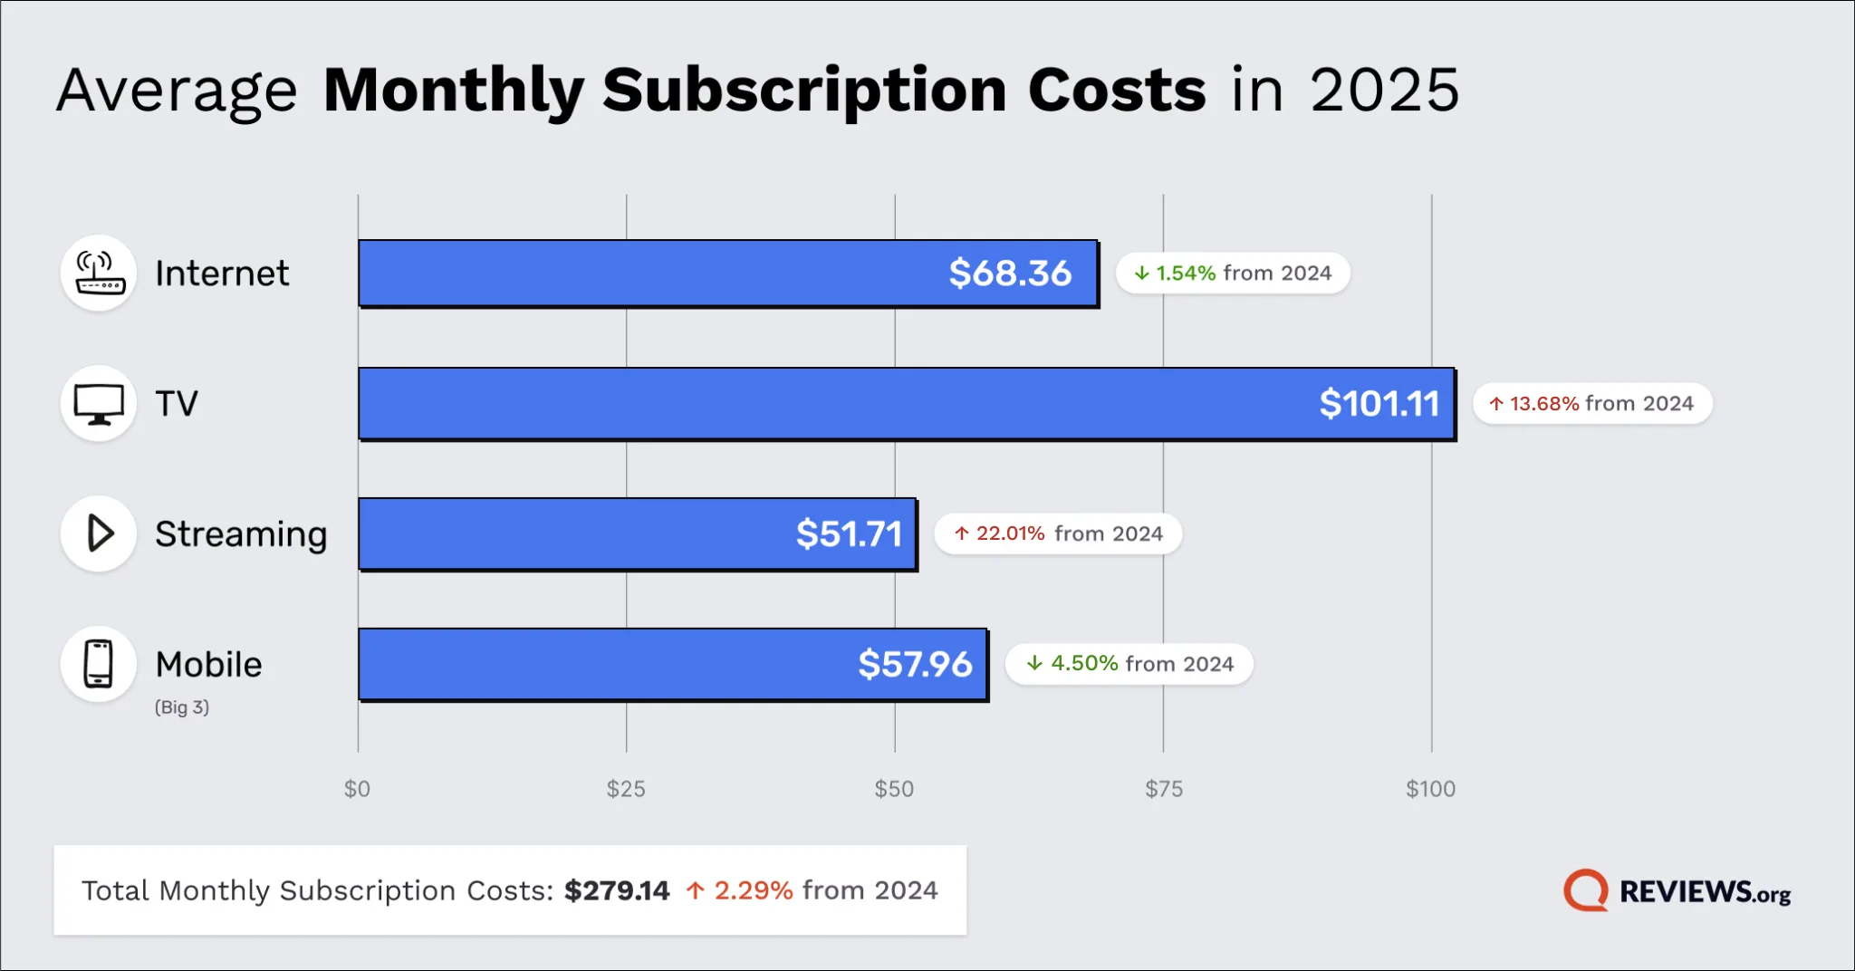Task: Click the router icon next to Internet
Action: pyautogui.click(x=99, y=274)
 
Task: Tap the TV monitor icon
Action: pyautogui.click(x=99, y=404)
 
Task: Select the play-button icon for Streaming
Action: pyautogui.click(x=99, y=534)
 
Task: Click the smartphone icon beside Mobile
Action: pyautogui.click(x=99, y=664)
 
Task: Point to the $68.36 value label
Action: pyautogui.click(x=1010, y=274)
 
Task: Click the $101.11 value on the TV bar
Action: pyautogui.click(x=1379, y=404)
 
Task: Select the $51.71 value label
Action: pyautogui.click(x=849, y=534)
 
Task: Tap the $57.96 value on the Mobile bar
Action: pyautogui.click(x=915, y=665)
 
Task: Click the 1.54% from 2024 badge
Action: pyautogui.click(x=1233, y=274)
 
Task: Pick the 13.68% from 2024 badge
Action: pyautogui.click(x=1591, y=404)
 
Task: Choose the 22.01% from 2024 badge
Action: pyautogui.click(x=1058, y=534)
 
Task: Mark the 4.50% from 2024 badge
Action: pyautogui.click(x=1129, y=664)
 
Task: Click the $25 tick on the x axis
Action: pyautogui.click(x=626, y=789)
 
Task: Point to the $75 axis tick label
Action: pyautogui.click(x=1164, y=789)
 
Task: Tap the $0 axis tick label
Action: pyautogui.click(x=357, y=789)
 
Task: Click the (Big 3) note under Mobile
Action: pyautogui.click(x=182, y=707)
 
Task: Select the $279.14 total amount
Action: pyautogui.click(x=617, y=890)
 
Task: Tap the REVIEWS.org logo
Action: pyautogui.click(x=1677, y=891)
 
